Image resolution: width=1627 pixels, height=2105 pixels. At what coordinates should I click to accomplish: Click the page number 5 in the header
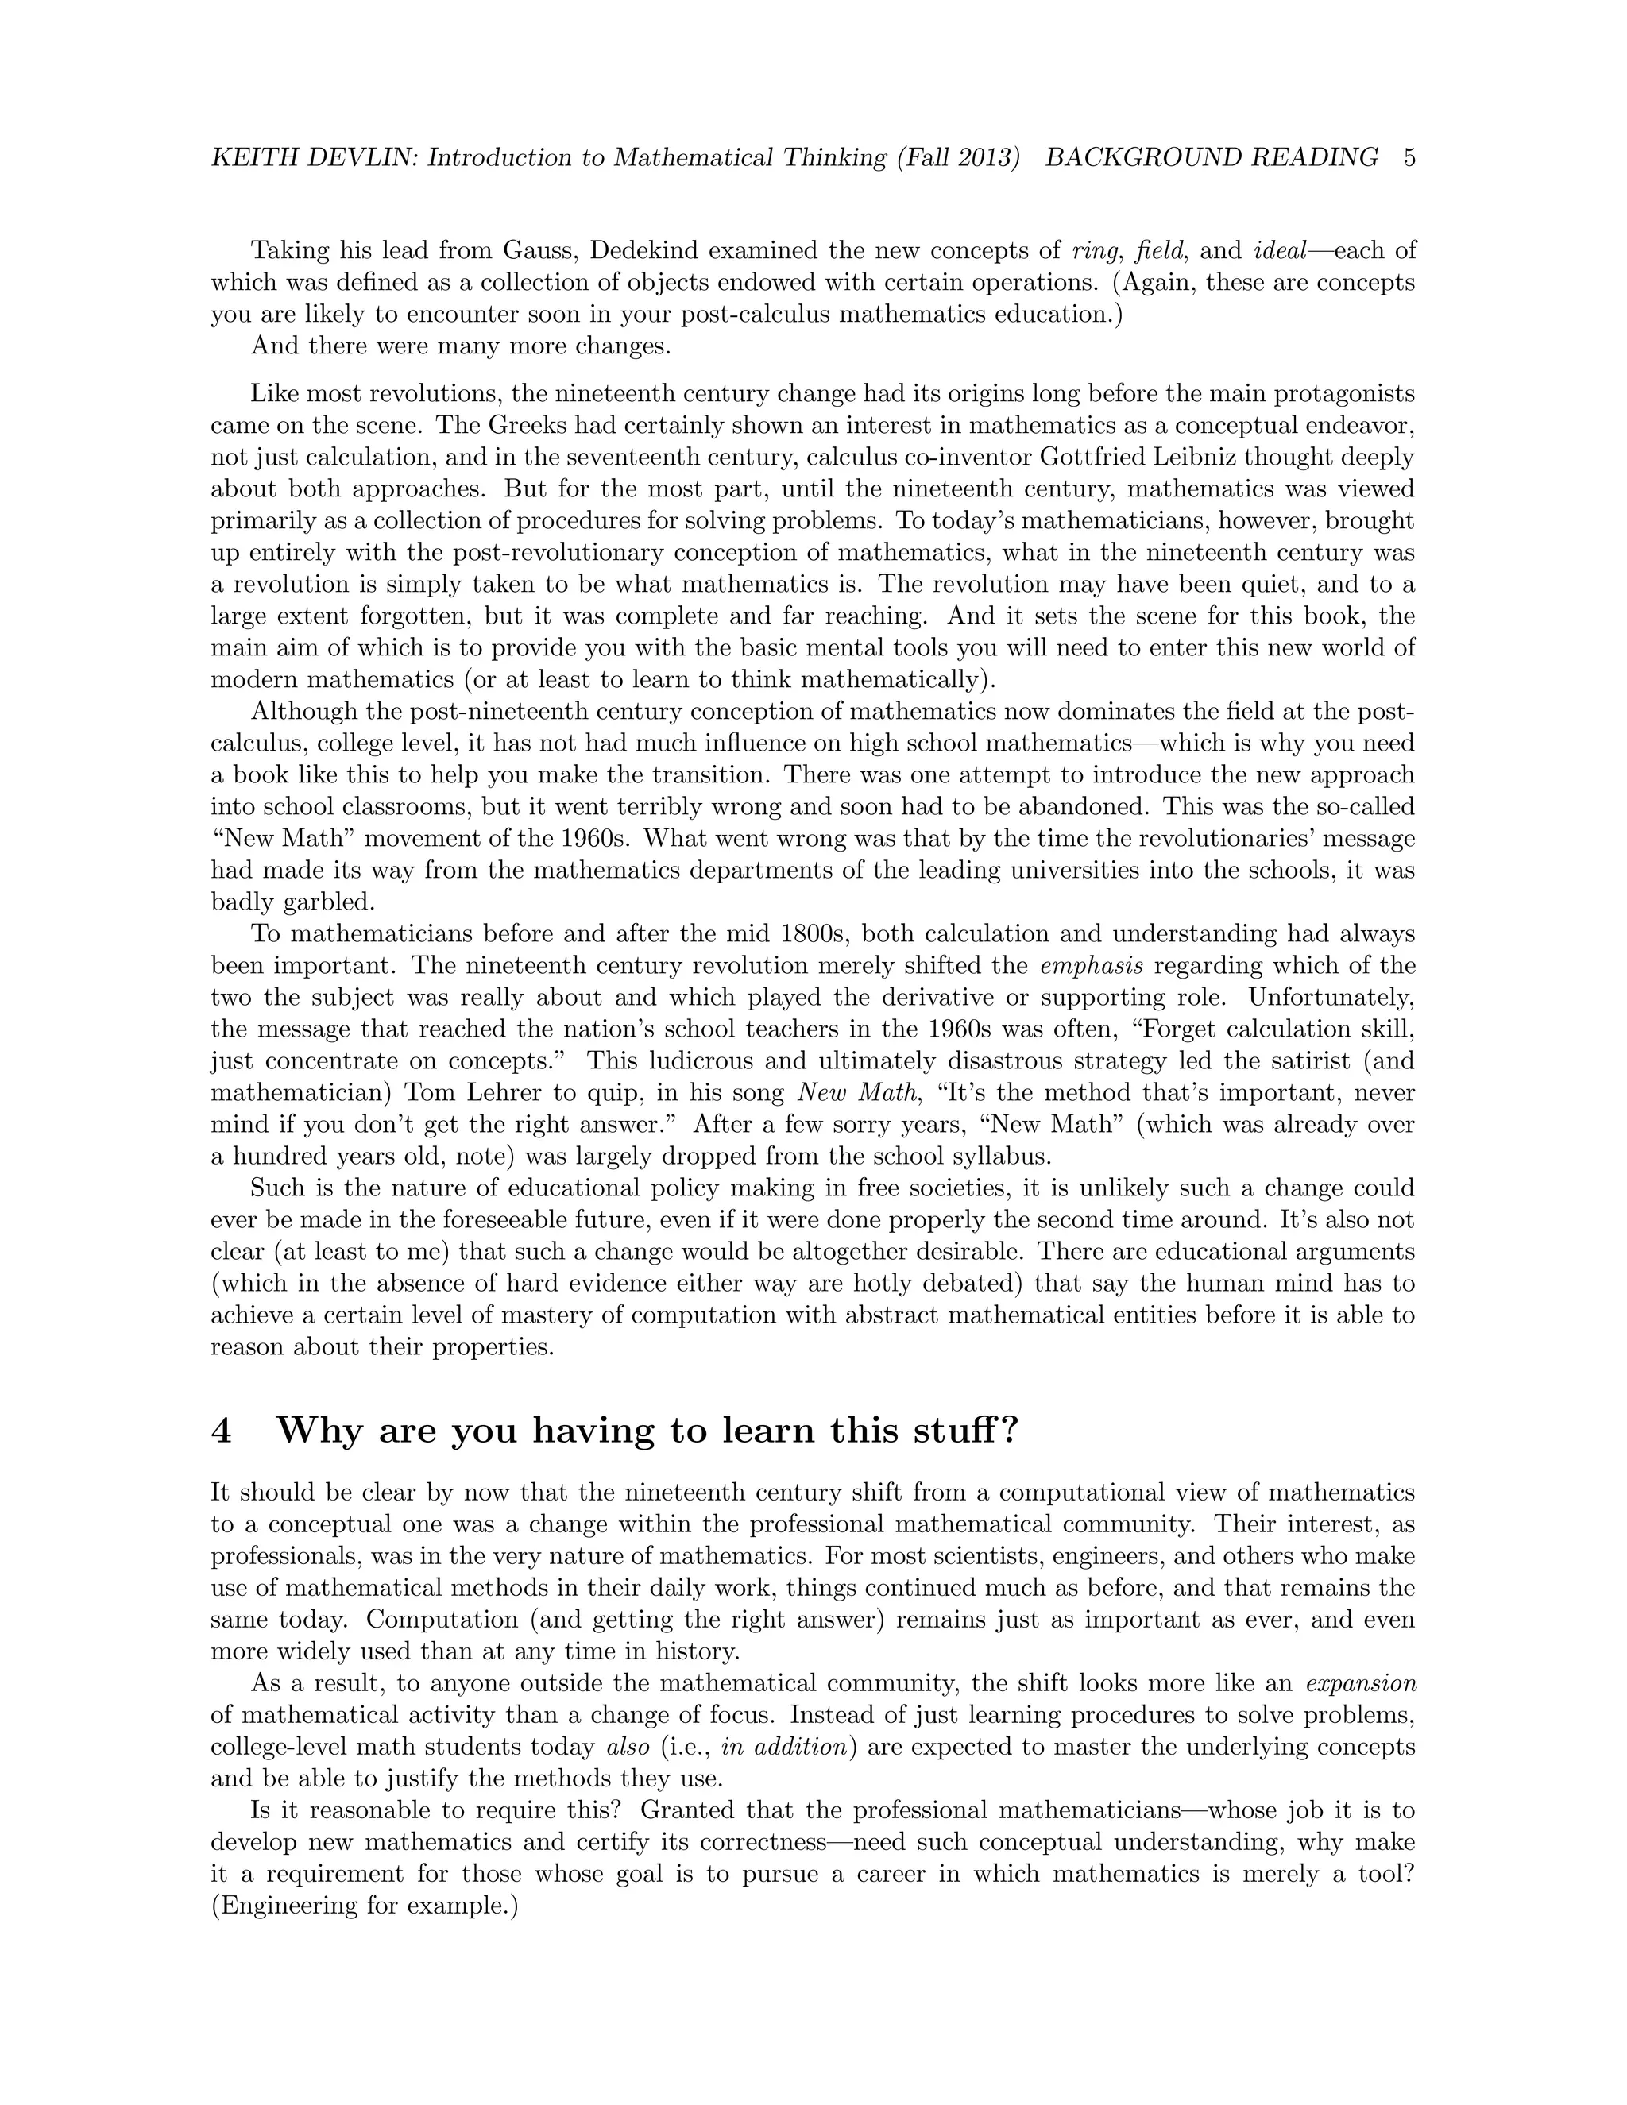point(1409,157)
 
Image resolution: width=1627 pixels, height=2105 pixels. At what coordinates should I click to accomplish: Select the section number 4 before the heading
point(221,1431)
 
